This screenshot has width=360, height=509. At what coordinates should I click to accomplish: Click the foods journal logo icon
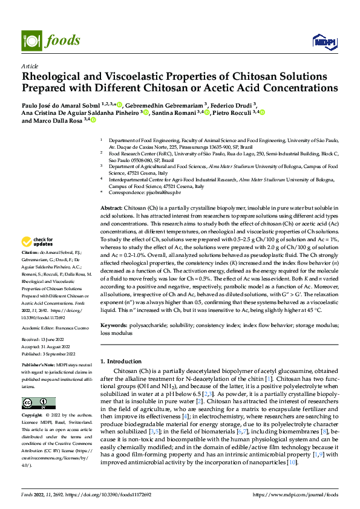point(30,40)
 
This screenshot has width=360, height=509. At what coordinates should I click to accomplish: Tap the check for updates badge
point(39,242)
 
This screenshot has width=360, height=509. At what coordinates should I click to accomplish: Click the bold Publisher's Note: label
point(38,366)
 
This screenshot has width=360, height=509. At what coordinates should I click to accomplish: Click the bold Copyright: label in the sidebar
point(33,416)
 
